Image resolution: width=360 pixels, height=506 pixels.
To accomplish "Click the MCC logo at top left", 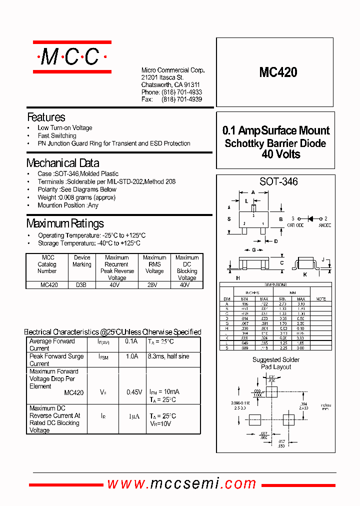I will [x=72, y=57].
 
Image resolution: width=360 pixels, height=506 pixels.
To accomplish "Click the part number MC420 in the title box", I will [x=278, y=72].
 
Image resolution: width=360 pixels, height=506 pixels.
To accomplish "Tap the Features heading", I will [x=46, y=117].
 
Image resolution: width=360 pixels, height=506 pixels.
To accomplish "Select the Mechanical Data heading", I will [x=62, y=163].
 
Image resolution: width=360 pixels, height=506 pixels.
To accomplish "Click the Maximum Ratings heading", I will [x=65, y=223].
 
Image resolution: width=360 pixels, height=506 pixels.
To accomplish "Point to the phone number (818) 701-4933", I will [x=181, y=92].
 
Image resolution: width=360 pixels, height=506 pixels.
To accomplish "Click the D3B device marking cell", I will [x=81, y=285].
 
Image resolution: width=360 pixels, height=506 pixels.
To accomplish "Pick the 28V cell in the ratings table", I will [x=154, y=285].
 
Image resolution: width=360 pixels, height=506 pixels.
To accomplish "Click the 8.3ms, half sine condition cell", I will [x=168, y=356].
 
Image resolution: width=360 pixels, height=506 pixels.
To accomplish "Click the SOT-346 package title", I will [x=278, y=182].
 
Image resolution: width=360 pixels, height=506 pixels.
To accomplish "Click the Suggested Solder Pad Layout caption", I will [x=275, y=363].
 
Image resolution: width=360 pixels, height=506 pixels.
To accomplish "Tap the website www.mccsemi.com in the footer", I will [x=182, y=483].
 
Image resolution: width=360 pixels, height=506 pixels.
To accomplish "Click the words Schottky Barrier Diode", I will [x=275, y=143].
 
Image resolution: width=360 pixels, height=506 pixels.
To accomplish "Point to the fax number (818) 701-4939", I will [x=181, y=99].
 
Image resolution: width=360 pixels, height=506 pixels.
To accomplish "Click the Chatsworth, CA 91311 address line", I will [x=170, y=85].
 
